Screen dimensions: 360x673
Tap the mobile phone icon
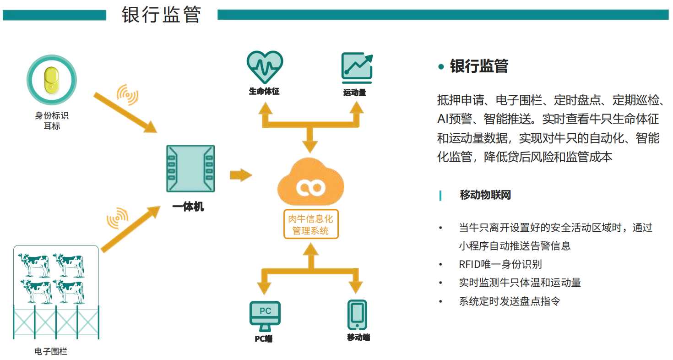tap(357, 315)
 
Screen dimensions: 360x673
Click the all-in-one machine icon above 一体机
tap(190, 169)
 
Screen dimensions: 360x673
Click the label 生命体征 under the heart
tap(264, 91)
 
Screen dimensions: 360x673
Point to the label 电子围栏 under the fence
tap(51, 351)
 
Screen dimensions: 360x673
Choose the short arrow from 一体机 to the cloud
tap(241, 175)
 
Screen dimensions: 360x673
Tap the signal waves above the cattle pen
tap(118, 218)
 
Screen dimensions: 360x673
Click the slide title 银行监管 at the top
tap(161, 15)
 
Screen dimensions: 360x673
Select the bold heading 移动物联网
tap(485, 195)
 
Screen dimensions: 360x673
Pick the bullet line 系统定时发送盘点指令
tap(510, 301)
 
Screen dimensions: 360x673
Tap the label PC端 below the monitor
tap(264, 339)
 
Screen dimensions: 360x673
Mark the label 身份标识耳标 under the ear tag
tap(52, 121)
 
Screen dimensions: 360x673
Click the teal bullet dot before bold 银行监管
tap(441, 67)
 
